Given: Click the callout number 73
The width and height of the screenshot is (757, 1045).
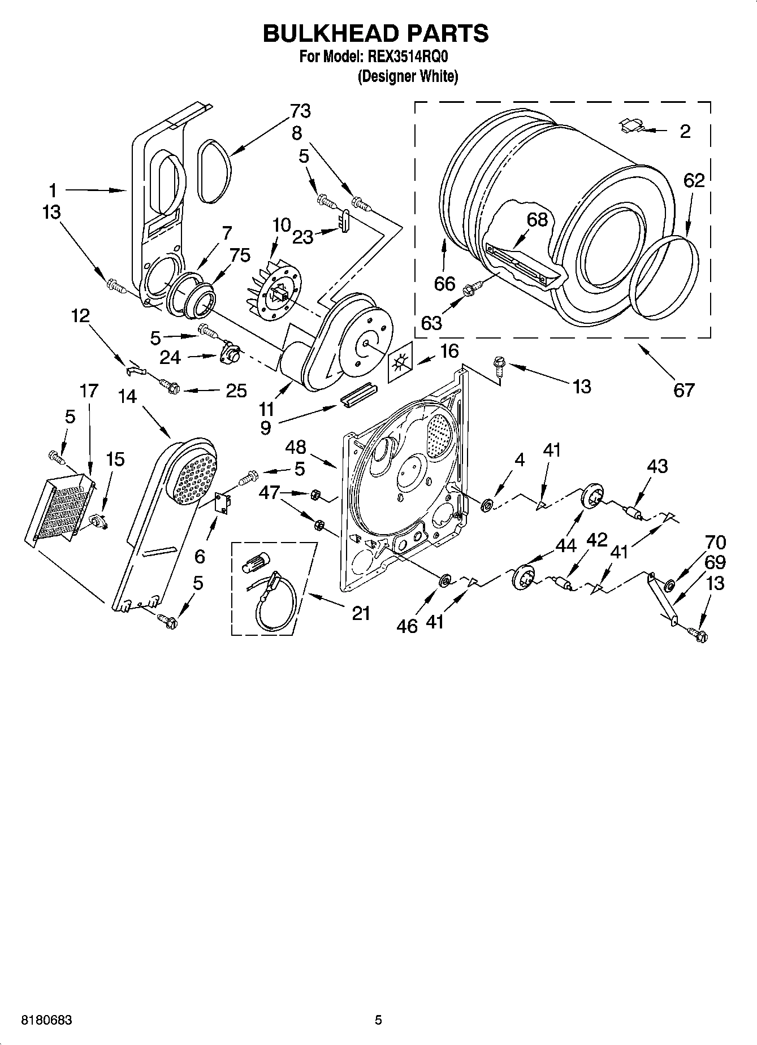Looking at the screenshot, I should pyautogui.click(x=300, y=111).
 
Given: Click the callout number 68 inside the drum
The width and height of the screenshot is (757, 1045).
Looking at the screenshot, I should pyautogui.click(x=537, y=219).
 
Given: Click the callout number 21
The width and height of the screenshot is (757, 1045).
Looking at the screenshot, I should pyautogui.click(x=361, y=613).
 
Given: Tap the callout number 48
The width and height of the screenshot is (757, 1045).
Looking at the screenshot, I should pyautogui.click(x=295, y=447).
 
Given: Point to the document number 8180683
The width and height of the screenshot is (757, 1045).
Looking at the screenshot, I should pyautogui.click(x=46, y=1020).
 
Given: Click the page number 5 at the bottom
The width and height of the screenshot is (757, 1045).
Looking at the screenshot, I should pyautogui.click(x=378, y=1020).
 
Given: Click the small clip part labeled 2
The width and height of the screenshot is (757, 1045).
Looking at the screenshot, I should pyautogui.click(x=631, y=126).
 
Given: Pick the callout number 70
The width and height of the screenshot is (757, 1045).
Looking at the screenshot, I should pyautogui.click(x=715, y=542).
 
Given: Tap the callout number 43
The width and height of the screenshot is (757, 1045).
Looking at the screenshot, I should pyautogui.click(x=657, y=466).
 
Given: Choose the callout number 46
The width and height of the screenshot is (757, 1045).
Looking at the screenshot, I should pyautogui.click(x=407, y=626).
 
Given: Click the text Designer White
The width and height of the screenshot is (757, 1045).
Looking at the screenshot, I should pyautogui.click(x=407, y=77).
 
